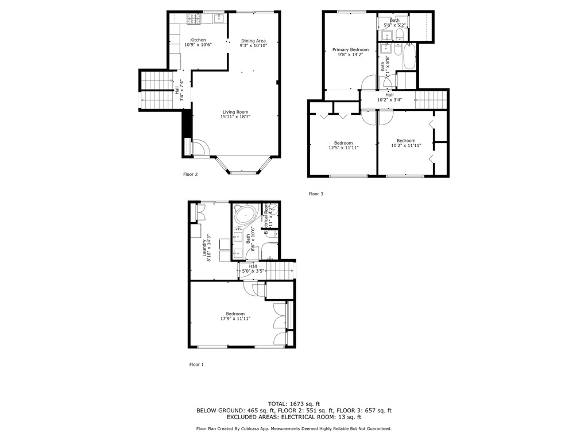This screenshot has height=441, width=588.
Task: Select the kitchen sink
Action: pyautogui.click(x=219, y=18)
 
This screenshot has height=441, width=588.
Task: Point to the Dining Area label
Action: pyautogui.click(x=253, y=41)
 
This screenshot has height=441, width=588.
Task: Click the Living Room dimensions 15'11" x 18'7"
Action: pyautogui.click(x=235, y=117)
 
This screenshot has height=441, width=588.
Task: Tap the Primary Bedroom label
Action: pyautogui.click(x=350, y=50)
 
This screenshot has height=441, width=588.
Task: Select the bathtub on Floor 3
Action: pyautogui.click(x=409, y=57)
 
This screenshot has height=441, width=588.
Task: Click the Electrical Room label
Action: pyautogui.click(x=266, y=219)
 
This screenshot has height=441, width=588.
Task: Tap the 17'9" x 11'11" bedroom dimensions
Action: pyautogui.click(x=235, y=319)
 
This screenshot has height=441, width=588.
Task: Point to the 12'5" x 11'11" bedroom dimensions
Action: pyautogui.click(x=343, y=148)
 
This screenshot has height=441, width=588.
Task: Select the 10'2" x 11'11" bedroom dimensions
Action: pyautogui.click(x=405, y=145)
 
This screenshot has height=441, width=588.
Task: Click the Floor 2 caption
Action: pyautogui.click(x=190, y=174)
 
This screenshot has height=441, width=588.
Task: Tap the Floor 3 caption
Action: pyautogui.click(x=316, y=194)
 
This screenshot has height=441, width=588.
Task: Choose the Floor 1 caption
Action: pyautogui.click(x=196, y=365)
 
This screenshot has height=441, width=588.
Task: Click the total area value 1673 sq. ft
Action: pyautogui.click(x=303, y=404)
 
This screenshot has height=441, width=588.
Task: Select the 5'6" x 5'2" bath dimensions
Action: pyautogui.click(x=394, y=25)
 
